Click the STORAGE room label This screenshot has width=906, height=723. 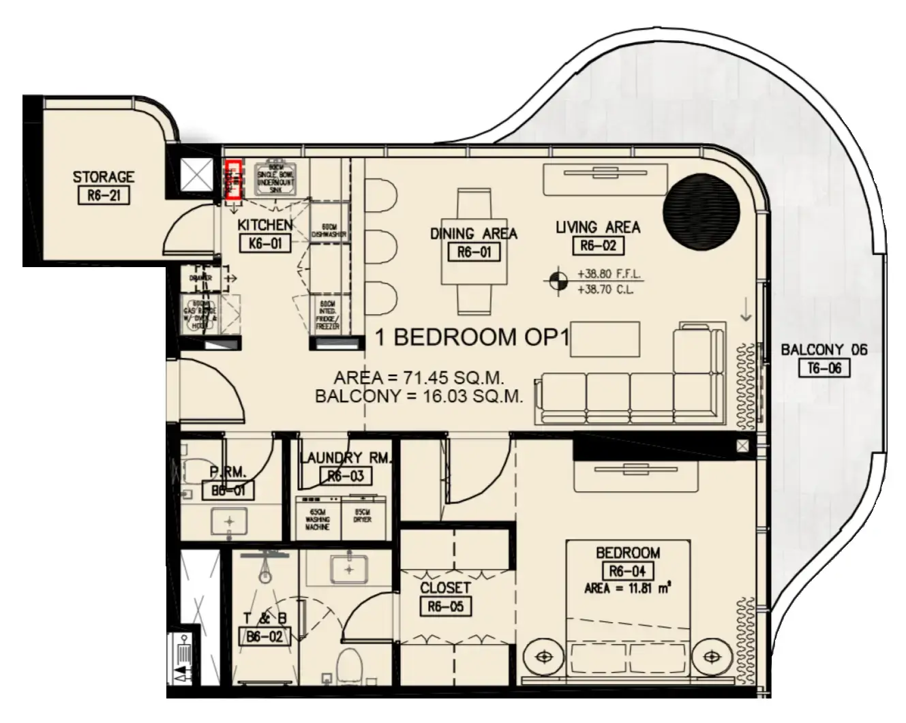tap(104, 177)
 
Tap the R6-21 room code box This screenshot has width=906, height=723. tap(104, 197)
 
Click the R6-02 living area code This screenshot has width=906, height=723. tap(597, 245)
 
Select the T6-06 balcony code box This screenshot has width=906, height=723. tap(824, 369)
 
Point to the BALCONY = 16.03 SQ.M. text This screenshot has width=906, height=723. tap(419, 397)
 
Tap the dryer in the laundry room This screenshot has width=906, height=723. tap(362, 515)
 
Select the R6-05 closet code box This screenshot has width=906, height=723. tap(445, 606)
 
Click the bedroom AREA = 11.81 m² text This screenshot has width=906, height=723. tap(627, 589)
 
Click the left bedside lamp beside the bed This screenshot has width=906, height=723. tap(543, 657)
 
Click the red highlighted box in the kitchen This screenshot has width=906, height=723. tap(233, 179)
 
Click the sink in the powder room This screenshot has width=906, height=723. tap(229, 522)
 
